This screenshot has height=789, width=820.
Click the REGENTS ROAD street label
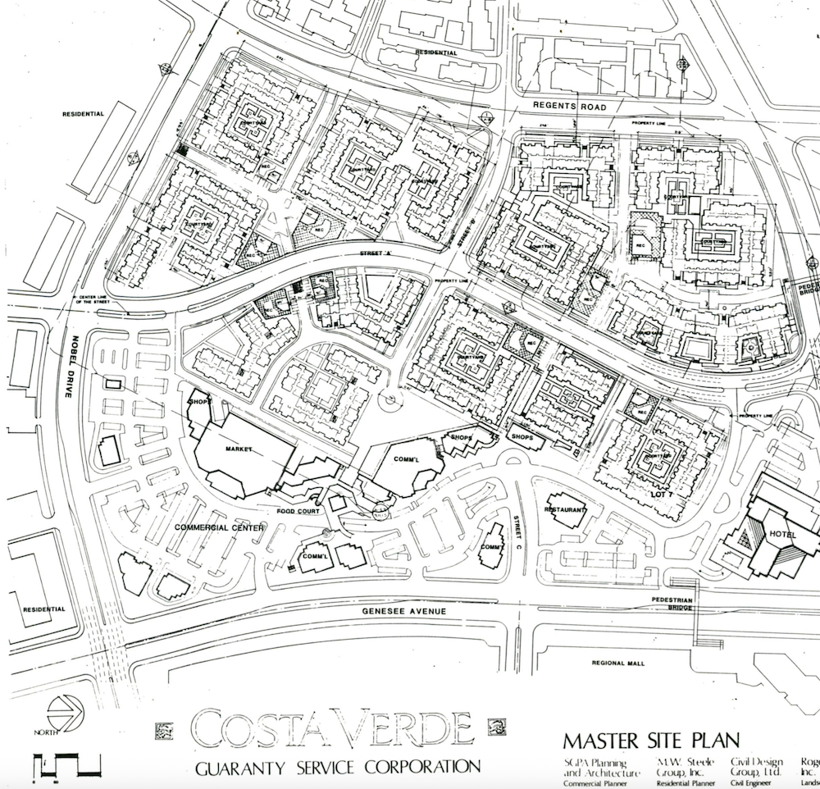(570, 107)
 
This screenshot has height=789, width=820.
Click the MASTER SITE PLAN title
(651, 740)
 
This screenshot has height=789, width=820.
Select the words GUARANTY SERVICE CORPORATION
(337, 768)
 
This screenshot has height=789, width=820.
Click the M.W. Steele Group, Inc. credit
(680, 768)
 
